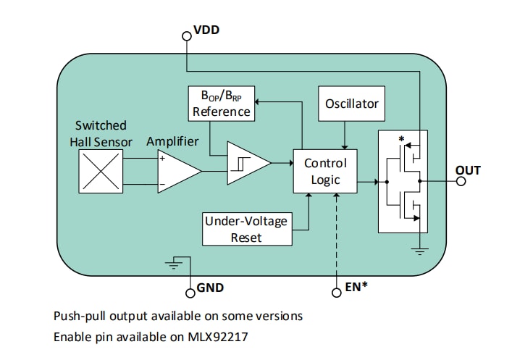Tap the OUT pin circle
pyautogui.click(x=461, y=181)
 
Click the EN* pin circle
pyautogui.click(x=336, y=293)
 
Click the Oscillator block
pyautogui.click(x=351, y=104)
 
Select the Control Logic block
pyautogui.click(x=325, y=172)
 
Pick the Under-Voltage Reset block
pyautogui.click(x=245, y=229)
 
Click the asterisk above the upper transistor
pyautogui.click(x=400, y=138)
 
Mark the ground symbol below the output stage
pyautogui.click(x=419, y=251)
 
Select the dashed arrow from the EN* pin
pyautogui.click(x=336, y=232)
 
